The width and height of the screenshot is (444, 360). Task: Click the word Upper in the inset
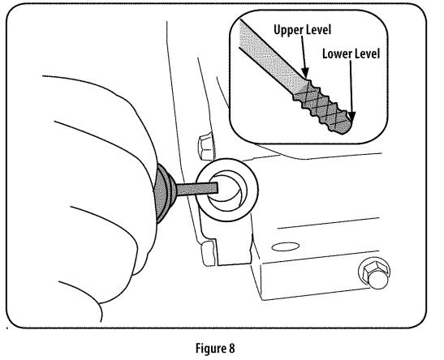287,30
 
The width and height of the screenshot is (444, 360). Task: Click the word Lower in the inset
336,54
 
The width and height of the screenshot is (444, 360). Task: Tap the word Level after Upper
317,29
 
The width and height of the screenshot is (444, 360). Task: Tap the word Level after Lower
366,54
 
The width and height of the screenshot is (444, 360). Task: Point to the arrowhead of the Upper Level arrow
305,73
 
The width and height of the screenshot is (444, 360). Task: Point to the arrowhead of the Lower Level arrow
351,117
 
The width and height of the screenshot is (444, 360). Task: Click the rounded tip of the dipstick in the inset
347,128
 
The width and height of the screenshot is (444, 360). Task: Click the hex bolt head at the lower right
374,273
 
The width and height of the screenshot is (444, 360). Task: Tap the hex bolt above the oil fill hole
205,147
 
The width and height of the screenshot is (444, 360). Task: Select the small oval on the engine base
286,246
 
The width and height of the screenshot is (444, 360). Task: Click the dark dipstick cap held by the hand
165,192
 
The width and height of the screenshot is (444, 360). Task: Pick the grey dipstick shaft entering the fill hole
197,189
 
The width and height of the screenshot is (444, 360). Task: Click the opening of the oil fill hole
226,191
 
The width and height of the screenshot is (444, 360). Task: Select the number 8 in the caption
231,348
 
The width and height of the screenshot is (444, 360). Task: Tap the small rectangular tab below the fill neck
209,254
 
